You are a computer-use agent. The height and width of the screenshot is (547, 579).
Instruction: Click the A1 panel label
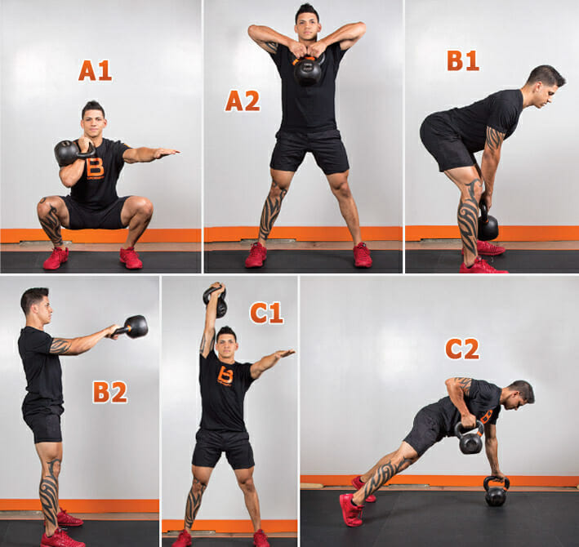pos(95,70)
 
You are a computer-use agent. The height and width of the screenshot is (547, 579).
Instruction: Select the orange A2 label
pos(243,100)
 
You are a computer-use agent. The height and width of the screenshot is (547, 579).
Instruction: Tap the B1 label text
pos(463,60)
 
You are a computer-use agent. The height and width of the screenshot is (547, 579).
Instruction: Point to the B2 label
pos(110,392)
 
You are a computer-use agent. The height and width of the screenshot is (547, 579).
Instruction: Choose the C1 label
pos(266,313)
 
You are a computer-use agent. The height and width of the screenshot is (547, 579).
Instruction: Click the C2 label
pos(462,349)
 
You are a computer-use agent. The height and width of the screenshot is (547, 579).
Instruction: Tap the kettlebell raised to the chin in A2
pos(308,69)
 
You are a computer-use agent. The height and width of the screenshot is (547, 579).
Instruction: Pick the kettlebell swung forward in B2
pos(134,327)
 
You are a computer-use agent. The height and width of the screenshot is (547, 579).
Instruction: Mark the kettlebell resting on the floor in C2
pos(496,491)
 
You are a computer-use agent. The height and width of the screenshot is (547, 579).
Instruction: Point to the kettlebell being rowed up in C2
pos(470,438)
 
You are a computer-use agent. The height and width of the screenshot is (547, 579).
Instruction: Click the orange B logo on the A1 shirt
pos(95,168)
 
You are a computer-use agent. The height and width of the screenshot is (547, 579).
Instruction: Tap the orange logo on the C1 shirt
pos(225,376)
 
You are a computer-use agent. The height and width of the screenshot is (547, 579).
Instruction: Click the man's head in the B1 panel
pos(545,87)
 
